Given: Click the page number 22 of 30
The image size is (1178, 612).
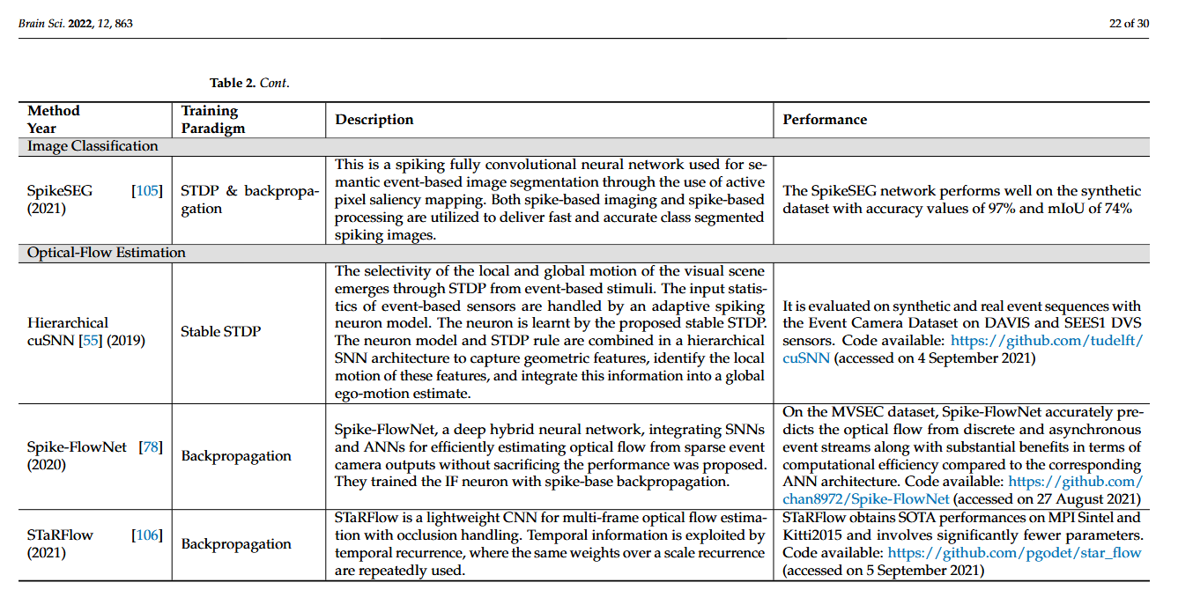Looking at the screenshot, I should point(1129,24).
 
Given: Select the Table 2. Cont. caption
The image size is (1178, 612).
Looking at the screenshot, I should point(249,83).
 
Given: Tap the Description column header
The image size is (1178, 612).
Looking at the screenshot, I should point(374,120).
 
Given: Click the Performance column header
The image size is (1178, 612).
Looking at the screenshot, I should point(825,120).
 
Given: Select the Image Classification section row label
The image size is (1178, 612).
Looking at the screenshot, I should point(93,146).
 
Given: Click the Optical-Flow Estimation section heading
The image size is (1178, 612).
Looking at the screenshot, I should point(107,253).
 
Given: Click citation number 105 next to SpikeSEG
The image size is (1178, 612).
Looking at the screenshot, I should point(147,191).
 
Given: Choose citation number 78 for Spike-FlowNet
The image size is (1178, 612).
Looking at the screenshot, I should point(151,447).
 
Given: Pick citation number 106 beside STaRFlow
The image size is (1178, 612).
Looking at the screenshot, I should point(147,535).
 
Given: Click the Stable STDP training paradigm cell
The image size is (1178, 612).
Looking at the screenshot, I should point(220,332).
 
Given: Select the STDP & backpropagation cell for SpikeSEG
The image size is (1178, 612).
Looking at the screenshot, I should point(248,200).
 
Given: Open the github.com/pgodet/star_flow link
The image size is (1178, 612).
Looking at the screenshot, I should point(1014,553).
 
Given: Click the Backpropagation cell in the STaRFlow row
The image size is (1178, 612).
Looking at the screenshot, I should point(236,544).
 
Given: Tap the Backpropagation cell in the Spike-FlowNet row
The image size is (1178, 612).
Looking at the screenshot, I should point(236,456).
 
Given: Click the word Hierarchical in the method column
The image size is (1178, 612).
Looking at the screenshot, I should point(68,323).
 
